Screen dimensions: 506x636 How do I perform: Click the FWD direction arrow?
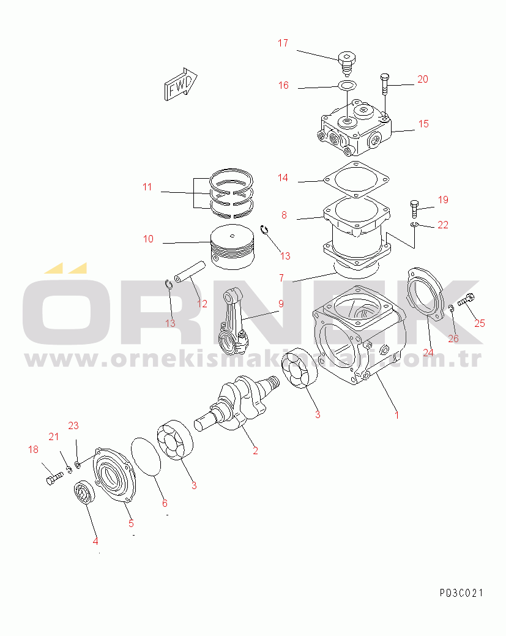(180, 84)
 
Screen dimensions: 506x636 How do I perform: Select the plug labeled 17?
(346, 63)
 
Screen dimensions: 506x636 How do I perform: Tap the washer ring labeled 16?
(347, 86)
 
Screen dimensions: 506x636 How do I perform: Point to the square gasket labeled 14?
(356, 180)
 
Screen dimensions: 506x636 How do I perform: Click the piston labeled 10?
(233, 247)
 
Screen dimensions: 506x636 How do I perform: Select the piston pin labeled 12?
(190, 272)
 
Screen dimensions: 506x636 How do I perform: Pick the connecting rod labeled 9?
(233, 321)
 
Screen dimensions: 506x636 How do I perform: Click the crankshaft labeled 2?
(238, 402)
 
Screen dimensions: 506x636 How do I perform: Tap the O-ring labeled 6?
(146, 456)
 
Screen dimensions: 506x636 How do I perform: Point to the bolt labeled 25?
(466, 300)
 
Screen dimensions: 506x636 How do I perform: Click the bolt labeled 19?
(414, 209)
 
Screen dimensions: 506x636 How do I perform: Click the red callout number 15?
(423, 124)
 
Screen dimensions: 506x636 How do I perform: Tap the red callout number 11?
(147, 187)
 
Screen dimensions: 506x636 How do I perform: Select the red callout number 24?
(428, 353)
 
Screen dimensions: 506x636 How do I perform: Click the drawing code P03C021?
(461, 593)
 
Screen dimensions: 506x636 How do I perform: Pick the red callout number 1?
(397, 415)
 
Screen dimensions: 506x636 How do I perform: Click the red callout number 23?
(73, 425)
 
